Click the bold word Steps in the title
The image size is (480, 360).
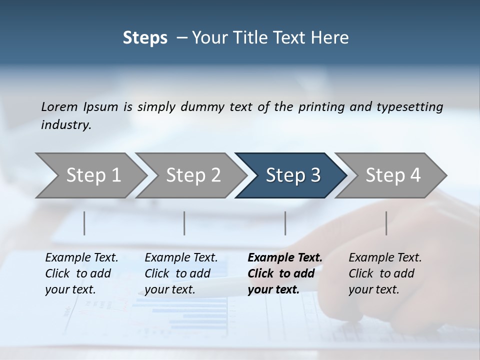point(145,38)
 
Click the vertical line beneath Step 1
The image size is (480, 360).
point(84,223)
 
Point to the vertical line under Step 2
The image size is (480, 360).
point(184,223)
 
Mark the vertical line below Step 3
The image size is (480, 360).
point(285,223)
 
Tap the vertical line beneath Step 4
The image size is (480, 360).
point(386,223)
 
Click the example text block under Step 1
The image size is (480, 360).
point(81,273)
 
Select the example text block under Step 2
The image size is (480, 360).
point(181,273)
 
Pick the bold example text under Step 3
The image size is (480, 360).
point(284,273)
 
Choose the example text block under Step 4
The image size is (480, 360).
point(385,273)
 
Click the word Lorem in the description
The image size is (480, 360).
point(59,106)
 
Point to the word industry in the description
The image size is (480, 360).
point(66,125)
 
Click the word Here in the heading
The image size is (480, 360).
point(331,38)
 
